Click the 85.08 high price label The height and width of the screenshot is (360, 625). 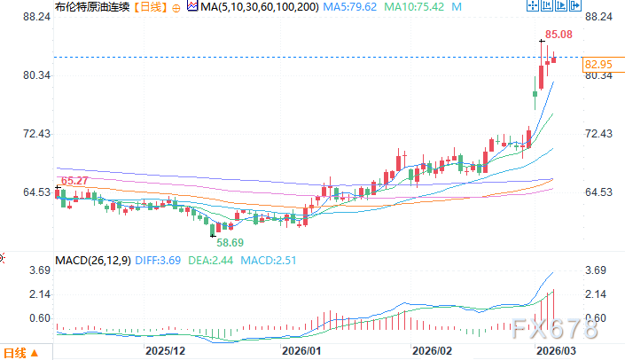coord(559,35)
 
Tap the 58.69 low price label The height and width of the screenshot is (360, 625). coord(232,241)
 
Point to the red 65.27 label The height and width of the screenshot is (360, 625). coord(74,181)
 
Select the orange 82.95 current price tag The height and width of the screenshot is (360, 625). coord(599,64)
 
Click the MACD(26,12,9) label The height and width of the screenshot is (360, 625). coord(91,261)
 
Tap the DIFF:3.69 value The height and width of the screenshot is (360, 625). coord(157,261)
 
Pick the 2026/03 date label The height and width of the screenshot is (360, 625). coord(553,351)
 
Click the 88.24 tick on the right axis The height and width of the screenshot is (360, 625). coord(599,17)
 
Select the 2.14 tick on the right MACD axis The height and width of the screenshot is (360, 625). coord(598,293)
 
